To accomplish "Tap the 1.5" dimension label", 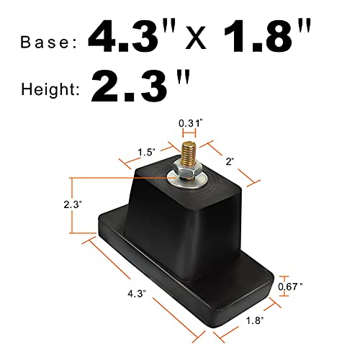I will point(147,153).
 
